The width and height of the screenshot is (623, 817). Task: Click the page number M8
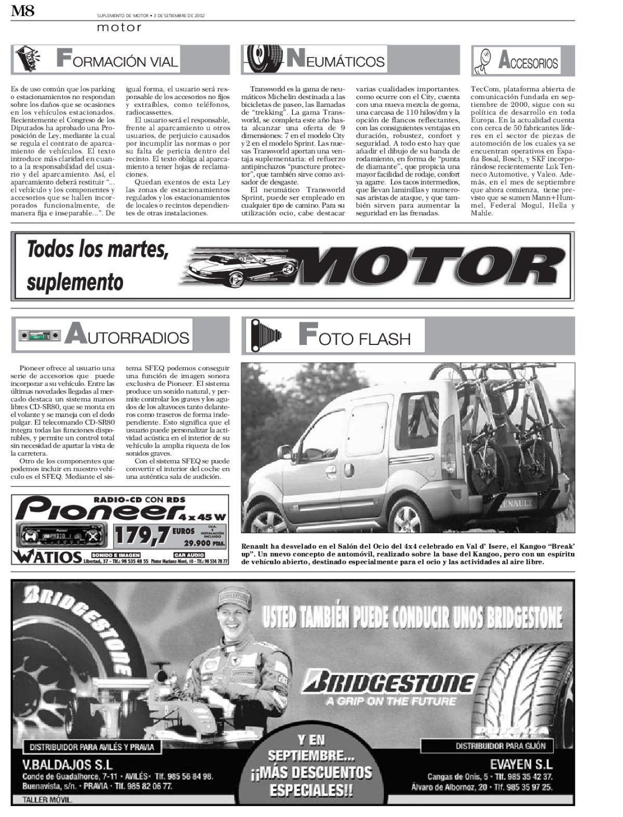[23, 11]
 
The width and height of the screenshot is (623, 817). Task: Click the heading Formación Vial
[117, 60]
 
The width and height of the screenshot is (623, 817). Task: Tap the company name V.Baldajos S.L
[67, 764]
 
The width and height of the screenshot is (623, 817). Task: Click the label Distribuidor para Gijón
[500, 746]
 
